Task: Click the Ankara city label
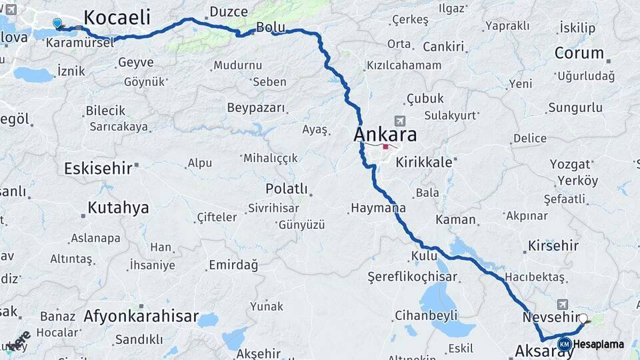tap(385, 135)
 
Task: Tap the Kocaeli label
tap(117, 17)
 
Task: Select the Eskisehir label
tap(98, 168)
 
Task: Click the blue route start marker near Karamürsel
tap(57, 23)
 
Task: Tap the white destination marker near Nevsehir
tap(583, 319)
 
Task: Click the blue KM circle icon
tap(564, 344)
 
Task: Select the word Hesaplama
tap(598, 344)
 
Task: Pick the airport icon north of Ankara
tap(400, 121)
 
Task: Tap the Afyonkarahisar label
tap(141, 317)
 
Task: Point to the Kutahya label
tap(118, 207)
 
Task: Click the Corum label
tap(579, 53)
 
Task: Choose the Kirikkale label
tap(424, 162)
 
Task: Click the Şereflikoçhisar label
tap(413, 277)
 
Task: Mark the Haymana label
tap(377, 209)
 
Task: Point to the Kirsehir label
tap(553, 245)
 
